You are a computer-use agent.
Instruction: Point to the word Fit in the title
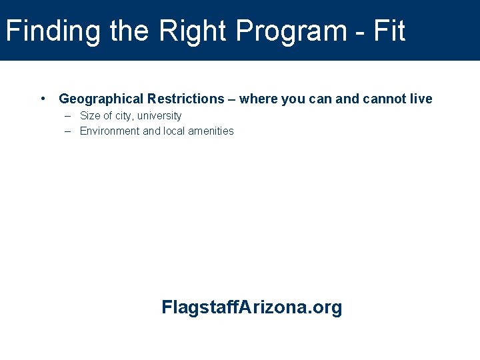point(389,31)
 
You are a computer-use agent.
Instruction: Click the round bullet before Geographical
point(43,99)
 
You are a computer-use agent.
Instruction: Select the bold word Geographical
point(101,99)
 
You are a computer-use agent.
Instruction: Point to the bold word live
point(421,99)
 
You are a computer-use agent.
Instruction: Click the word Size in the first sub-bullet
point(90,116)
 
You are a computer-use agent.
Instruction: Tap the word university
point(159,116)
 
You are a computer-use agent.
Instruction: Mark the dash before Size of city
point(68,116)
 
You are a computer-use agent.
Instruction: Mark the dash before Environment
point(68,131)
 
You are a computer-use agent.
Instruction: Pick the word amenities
point(211,131)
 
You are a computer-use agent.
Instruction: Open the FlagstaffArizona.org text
point(251,307)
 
